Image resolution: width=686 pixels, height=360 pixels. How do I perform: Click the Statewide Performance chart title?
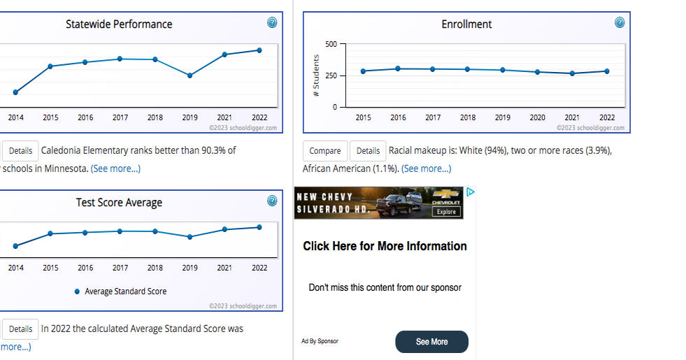click(119, 24)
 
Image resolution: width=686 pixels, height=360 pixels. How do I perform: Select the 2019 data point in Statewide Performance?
click(190, 75)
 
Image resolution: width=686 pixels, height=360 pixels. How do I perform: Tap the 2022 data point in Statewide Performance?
click(259, 50)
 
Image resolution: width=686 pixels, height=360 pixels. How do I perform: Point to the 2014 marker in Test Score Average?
click(16, 245)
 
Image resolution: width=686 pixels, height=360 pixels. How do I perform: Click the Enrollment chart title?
click(466, 24)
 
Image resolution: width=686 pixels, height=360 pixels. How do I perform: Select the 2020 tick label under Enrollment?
click(537, 117)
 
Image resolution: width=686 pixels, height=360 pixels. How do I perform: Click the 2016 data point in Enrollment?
click(398, 69)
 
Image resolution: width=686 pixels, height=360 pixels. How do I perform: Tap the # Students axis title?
click(316, 75)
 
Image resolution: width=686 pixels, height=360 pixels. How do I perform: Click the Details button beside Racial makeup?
click(368, 151)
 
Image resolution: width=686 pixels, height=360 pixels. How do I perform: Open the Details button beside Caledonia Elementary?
click(21, 151)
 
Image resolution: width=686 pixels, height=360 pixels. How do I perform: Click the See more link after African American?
click(427, 168)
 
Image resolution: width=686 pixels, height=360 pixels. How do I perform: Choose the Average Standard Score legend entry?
click(120, 291)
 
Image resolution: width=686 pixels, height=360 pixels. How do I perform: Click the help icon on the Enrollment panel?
click(620, 22)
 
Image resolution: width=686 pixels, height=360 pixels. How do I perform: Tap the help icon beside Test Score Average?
click(272, 201)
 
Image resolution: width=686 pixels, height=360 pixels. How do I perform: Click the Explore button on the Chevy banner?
click(446, 211)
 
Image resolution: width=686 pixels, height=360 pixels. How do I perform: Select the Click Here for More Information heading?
click(385, 246)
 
